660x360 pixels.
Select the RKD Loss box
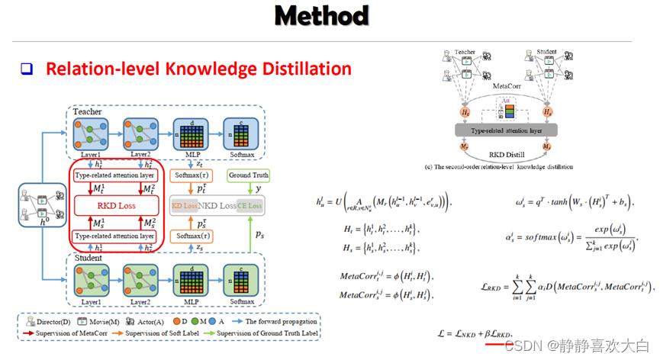116,204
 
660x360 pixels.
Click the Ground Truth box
250,175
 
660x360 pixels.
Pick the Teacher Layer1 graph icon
92,132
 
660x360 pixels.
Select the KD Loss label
186,206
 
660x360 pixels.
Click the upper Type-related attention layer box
116,175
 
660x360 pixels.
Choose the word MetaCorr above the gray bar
506,87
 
